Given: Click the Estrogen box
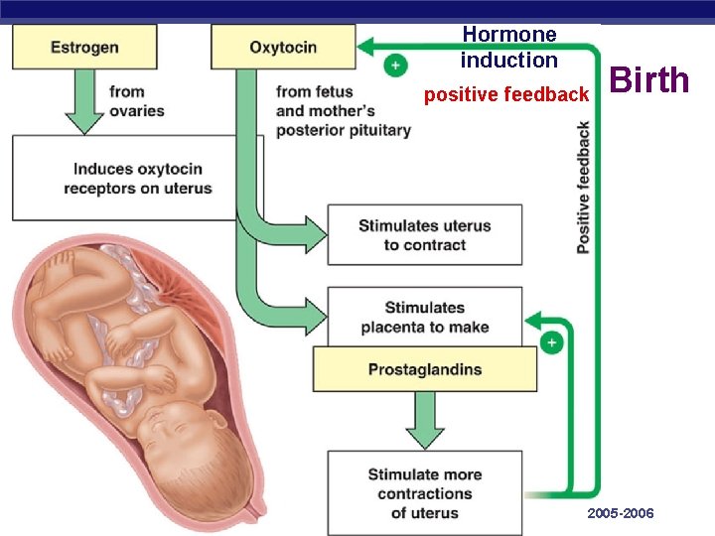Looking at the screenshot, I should pos(84,47).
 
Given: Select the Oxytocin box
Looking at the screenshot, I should pos(283,47).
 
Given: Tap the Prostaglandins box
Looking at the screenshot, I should pos(425,370).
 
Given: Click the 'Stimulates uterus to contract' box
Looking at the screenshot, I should pos(425,235).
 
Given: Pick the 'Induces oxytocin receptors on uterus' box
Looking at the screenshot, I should pos(138,179).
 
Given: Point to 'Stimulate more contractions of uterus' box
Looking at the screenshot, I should pos(425,493).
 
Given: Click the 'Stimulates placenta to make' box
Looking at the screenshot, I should pos(425,317).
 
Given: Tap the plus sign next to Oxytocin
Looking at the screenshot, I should pos(395,65).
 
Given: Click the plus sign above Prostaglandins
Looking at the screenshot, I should pos(551,342).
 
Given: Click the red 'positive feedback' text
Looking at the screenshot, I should pos(506,95).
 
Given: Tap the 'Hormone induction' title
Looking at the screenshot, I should pos(509,47).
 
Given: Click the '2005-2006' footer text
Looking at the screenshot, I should pos(621,513).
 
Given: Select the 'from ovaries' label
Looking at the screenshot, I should pos(137,100).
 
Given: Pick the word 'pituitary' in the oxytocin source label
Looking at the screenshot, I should pos(380,130).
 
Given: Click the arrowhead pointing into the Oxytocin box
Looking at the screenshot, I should pos(365,46).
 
